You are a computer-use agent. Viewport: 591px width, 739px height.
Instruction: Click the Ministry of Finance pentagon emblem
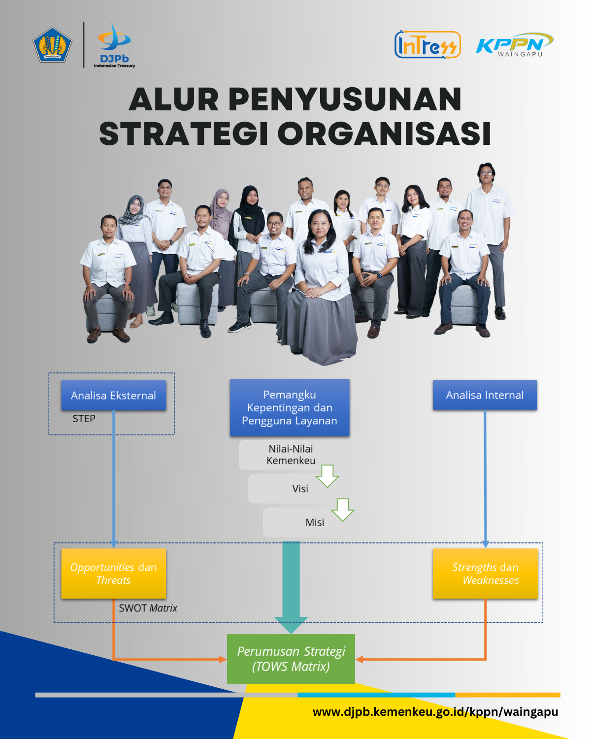[x=52, y=45]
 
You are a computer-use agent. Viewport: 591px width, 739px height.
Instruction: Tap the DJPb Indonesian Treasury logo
[x=114, y=45]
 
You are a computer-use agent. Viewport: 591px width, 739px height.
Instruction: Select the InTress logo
[x=427, y=45]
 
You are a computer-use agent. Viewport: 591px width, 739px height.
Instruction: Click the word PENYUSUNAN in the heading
[x=345, y=99]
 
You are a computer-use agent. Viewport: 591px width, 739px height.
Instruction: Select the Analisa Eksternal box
[x=113, y=395]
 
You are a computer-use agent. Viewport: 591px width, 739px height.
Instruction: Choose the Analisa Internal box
[x=485, y=395]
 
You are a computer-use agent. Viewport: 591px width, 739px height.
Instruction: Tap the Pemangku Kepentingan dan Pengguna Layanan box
[x=290, y=407]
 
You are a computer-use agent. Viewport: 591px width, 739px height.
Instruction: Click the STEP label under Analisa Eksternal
[x=84, y=419]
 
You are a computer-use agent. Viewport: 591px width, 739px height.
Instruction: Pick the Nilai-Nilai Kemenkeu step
[x=291, y=455]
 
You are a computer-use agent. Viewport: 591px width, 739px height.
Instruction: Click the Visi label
[x=300, y=489]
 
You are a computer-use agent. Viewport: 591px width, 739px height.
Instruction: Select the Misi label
[x=315, y=522]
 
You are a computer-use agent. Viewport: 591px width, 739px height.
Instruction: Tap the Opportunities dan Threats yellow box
[x=113, y=573]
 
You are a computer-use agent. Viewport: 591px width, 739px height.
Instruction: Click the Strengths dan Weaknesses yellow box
[x=485, y=573]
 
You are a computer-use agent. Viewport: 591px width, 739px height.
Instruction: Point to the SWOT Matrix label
[x=148, y=608]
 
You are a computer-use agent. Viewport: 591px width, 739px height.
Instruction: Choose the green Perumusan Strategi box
[x=291, y=659]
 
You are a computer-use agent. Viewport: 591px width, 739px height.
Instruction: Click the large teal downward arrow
[x=291, y=586]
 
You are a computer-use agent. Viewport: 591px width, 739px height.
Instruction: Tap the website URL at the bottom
[x=435, y=712]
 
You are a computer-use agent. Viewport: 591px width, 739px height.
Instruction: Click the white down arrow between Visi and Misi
[x=343, y=509]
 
